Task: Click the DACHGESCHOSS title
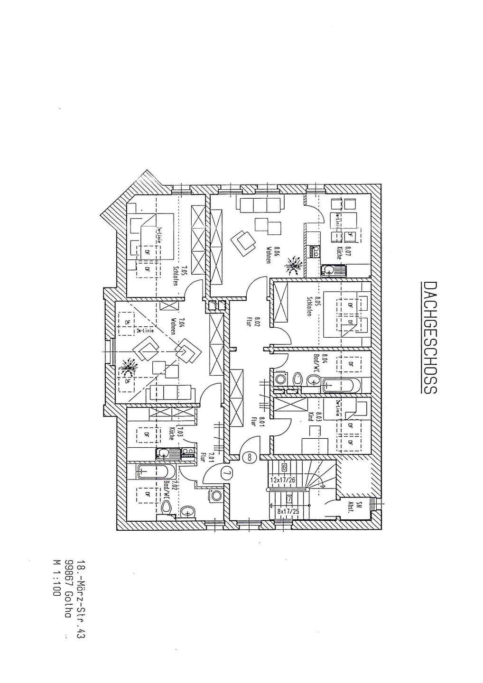click(x=429, y=338)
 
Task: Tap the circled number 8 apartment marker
click(x=250, y=457)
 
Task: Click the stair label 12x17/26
click(x=283, y=480)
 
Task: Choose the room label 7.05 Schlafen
click(x=178, y=275)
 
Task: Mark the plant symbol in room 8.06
click(x=294, y=265)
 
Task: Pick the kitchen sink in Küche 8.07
click(x=329, y=271)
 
